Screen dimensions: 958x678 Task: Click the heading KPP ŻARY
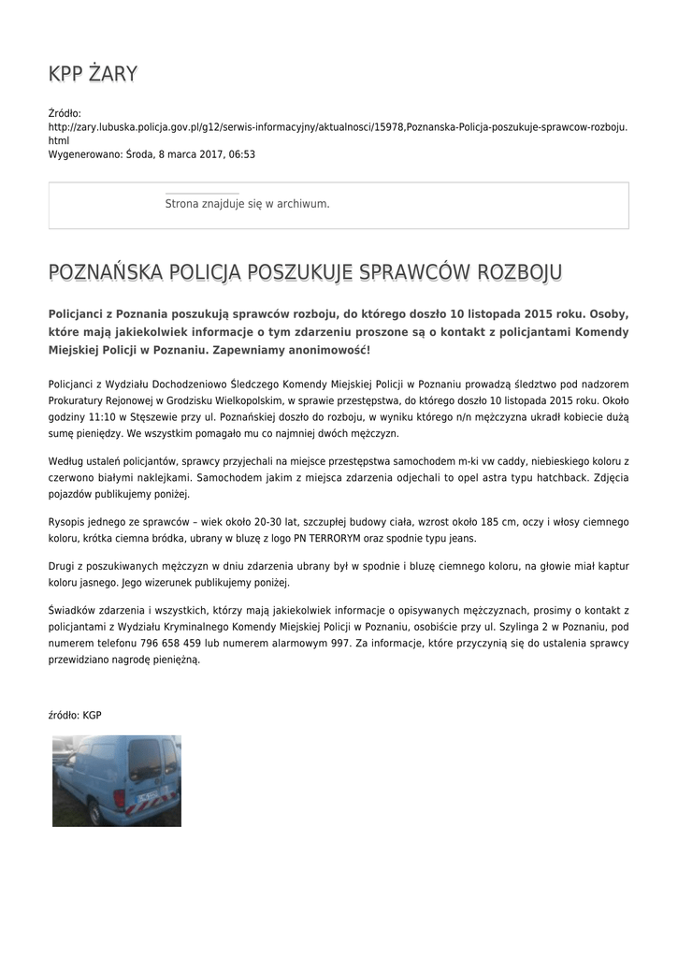tap(93, 74)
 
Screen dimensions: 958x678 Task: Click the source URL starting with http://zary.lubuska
tap(337, 126)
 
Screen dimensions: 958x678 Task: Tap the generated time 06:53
tap(242, 154)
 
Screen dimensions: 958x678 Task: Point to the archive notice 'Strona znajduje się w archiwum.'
tap(247, 203)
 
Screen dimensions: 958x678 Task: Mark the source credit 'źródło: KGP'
tap(75, 715)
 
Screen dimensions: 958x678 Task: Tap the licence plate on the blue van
tap(147, 798)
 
